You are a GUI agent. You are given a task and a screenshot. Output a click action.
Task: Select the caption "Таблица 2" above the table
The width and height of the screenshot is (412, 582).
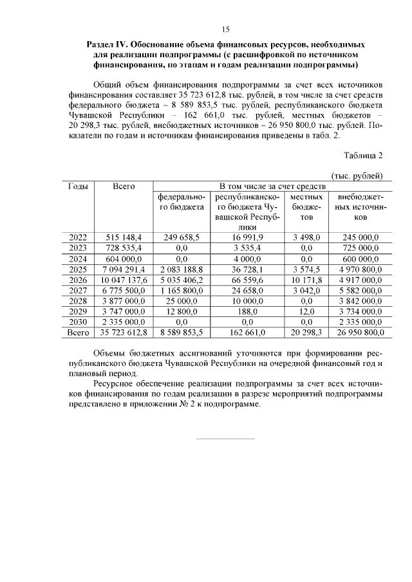364,156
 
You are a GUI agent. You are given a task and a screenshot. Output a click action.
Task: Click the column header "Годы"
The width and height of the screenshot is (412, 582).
78,186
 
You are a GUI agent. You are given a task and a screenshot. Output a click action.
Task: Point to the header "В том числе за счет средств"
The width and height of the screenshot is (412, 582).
269,186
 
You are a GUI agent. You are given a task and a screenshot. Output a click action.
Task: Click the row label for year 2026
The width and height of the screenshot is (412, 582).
78,280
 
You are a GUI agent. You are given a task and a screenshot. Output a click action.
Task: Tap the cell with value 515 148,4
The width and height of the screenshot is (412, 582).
123,237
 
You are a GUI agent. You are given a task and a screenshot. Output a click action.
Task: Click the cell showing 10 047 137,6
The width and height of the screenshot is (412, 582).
123,280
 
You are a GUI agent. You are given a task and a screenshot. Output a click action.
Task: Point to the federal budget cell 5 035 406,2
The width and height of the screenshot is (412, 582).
182,280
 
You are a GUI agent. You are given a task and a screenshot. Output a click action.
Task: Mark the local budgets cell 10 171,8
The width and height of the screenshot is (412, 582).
306,280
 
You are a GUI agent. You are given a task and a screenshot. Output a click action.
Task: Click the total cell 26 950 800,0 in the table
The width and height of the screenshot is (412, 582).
357,332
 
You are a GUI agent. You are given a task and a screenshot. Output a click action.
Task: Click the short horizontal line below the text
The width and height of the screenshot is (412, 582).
225,439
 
